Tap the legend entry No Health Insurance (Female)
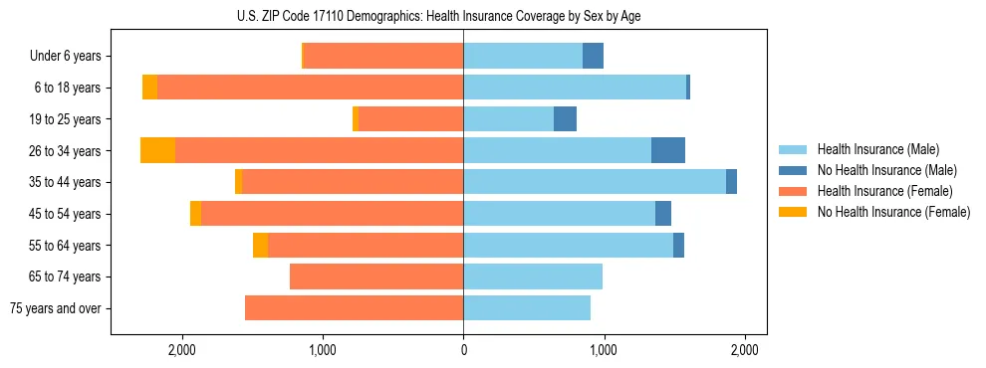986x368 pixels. (893, 212)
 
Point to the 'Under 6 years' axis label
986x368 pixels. (66, 56)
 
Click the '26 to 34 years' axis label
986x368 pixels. (64, 151)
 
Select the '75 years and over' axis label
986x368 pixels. (56, 308)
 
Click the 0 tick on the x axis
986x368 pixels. (463, 350)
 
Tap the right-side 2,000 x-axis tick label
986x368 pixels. (745, 350)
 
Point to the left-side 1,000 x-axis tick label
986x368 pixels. (323, 350)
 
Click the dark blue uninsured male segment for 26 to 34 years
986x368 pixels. (668, 150)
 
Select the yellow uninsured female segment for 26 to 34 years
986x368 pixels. (157, 150)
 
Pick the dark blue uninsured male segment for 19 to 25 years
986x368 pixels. (565, 118)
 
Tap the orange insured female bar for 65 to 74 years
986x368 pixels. (376, 276)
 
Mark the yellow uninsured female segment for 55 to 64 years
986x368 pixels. (260, 245)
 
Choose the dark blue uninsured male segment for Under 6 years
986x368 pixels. (593, 56)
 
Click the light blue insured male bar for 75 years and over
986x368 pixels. (527, 308)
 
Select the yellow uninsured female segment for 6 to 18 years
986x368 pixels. (149, 88)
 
